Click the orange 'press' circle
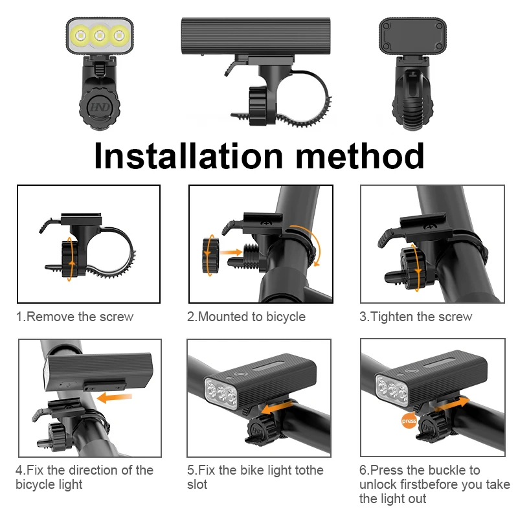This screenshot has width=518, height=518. (409, 420)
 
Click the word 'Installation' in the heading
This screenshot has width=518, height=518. (188, 156)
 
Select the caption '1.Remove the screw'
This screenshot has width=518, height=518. (75, 317)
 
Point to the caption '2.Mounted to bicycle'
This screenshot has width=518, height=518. (246, 317)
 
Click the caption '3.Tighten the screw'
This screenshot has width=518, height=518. (416, 317)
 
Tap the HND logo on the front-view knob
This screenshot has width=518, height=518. (100, 107)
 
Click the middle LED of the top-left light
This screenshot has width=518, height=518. (100, 35)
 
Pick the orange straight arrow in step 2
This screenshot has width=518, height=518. (231, 253)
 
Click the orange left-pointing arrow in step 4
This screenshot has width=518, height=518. (115, 398)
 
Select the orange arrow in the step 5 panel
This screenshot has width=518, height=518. (277, 408)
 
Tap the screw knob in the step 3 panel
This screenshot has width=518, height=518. (412, 267)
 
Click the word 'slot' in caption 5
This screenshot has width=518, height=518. (197, 484)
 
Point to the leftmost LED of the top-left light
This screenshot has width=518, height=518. (80, 35)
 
